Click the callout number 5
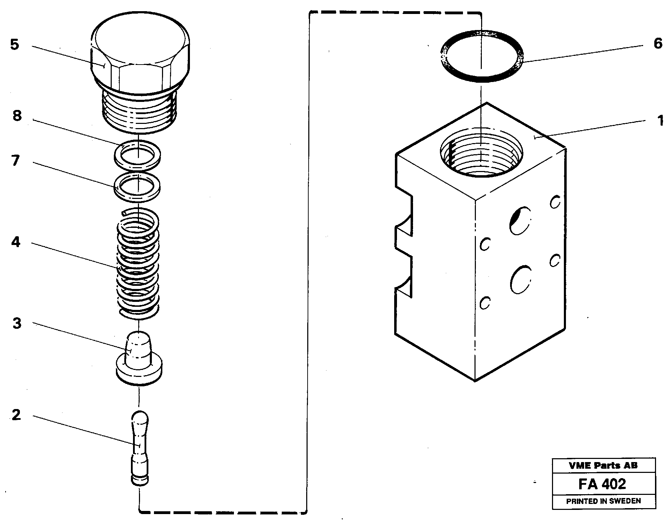click(x=14, y=45)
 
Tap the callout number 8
click(x=17, y=116)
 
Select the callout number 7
click(x=15, y=161)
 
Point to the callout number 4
click(x=16, y=242)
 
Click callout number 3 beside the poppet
click(x=17, y=323)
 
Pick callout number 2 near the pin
click(x=16, y=415)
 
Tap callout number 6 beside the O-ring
click(x=658, y=44)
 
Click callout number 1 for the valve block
click(x=660, y=121)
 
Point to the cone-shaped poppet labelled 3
click(x=139, y=359)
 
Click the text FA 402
click(x=602, y=484)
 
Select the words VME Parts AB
click(x=603, y=465)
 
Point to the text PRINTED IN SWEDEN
click(x=603, y=501)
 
